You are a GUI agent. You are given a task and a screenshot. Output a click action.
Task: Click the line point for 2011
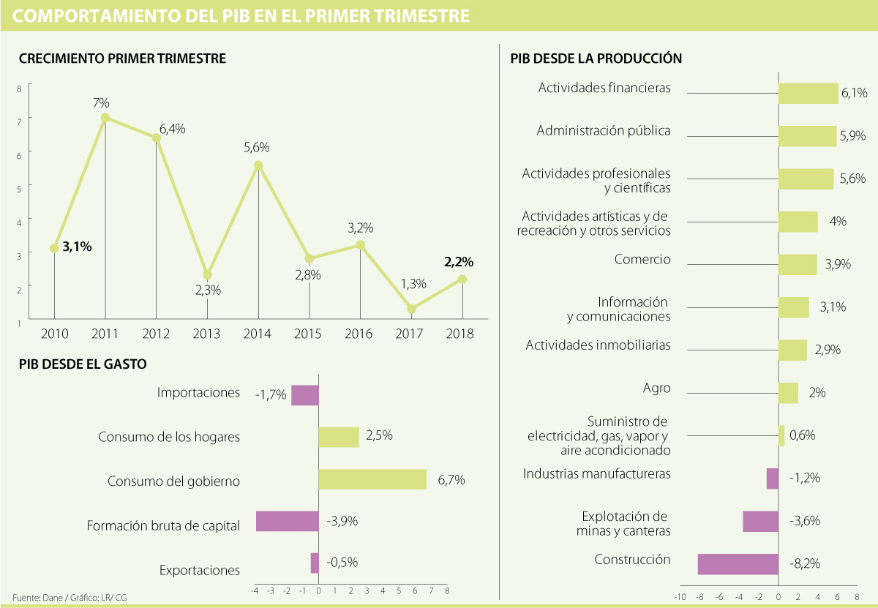(105, 117)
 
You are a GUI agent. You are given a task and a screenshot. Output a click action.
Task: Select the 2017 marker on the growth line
(411, 309)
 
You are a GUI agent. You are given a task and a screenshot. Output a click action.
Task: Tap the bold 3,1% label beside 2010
(77, 247)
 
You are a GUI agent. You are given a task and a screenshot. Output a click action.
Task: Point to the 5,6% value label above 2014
(257, 147)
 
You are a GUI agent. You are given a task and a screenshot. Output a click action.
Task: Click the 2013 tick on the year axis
(207, 334)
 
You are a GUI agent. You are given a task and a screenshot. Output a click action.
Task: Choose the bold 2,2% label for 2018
(458, 261)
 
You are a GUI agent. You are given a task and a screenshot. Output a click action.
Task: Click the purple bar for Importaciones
(305, 395)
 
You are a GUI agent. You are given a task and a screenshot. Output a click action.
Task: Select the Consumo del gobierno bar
(372, 479)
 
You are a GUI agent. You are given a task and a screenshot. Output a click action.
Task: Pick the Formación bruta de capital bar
(287, 521)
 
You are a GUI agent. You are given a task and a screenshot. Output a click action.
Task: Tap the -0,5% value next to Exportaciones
(342, 563)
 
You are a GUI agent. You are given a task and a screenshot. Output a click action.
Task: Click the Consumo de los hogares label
(169, 438)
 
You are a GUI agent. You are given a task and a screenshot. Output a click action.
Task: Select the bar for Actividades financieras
(808, 93)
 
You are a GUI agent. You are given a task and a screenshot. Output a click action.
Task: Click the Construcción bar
(738, 564)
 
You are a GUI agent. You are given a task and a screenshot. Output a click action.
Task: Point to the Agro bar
(788, 393)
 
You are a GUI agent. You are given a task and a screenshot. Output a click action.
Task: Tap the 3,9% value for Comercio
(837, 265)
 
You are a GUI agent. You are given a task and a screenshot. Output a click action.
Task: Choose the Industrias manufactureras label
(596, 473)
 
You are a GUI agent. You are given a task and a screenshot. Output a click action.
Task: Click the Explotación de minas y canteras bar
(760, 521)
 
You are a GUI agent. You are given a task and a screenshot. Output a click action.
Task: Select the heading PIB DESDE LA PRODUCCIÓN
(596, 57)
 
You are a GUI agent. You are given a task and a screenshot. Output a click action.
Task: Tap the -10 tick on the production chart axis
(680, 597)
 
